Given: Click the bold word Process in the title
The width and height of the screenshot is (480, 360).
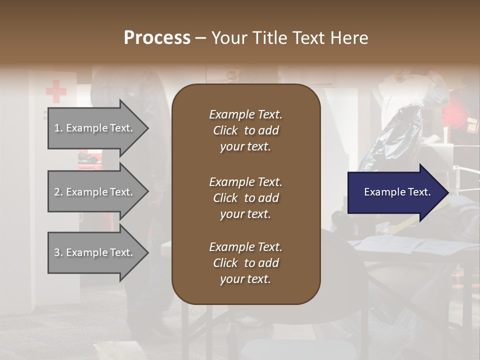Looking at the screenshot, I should pos(157,37).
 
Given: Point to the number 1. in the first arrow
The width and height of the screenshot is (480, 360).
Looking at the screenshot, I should pos(58,128).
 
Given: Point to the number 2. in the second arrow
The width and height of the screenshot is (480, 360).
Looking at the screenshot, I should pos(58,192).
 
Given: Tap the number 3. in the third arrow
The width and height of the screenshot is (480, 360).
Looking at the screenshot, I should pos(58,252).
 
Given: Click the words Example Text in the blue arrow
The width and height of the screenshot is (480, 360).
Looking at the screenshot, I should pos(397,192).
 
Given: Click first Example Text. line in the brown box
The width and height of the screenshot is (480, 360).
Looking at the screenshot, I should pos(245,114).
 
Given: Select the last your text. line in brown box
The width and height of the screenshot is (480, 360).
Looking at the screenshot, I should pos(245,279).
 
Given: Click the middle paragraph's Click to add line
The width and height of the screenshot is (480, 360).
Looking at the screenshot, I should pos(245,198).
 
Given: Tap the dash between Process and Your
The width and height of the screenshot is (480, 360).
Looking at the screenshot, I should pos(200,38).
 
